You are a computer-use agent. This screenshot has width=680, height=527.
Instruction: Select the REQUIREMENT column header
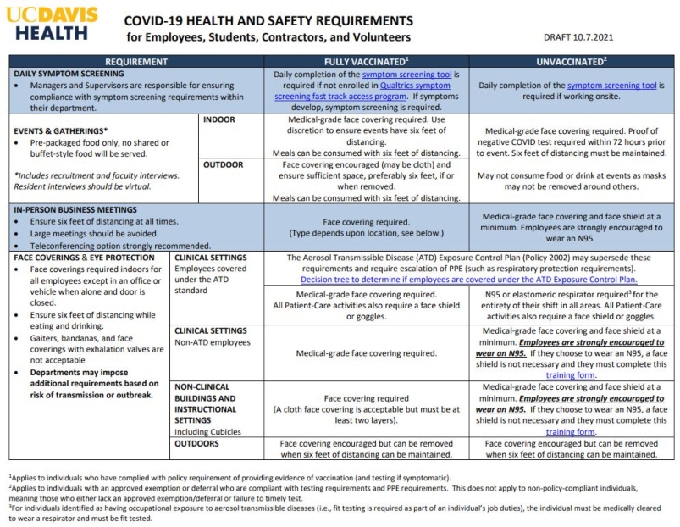(x=135, y=63)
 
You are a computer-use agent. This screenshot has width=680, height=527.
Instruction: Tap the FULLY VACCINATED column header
(x=367, y=63)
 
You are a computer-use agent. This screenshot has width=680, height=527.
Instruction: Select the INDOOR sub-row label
(x=220, y=120)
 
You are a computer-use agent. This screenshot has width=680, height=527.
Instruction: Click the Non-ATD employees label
(x=212, y=342)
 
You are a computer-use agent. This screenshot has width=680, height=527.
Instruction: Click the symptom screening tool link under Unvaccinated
(x=606, y=86)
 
